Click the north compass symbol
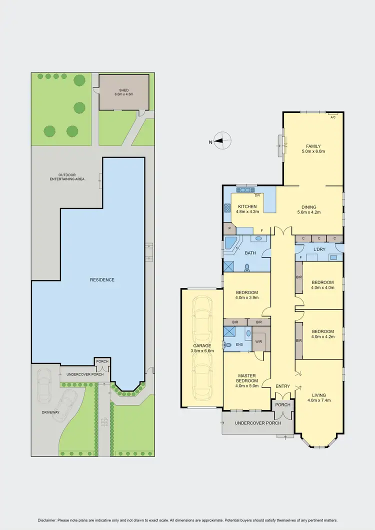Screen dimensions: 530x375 coord(222,141)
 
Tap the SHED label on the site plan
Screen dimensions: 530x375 coord(124,90)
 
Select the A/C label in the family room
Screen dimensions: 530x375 coord(333,117)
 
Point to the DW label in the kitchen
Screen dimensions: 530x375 coord(256,195)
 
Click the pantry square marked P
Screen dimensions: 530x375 coord(230,228)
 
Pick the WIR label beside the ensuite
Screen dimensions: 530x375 coord(258,342)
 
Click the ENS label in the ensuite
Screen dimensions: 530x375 coord(239,344)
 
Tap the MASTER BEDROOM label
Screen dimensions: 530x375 coord(247,378)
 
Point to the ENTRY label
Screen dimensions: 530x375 coord(282,386)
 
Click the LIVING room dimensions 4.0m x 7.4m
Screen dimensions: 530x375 coord(319,400)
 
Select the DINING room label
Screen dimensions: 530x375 coord(308,206)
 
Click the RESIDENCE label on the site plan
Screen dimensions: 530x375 coord(102,279)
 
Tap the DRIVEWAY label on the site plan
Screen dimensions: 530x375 coord(50,412)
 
